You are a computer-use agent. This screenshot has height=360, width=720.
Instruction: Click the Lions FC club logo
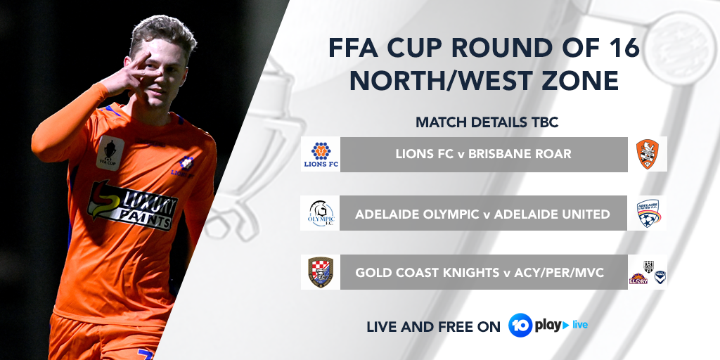pos(320,154)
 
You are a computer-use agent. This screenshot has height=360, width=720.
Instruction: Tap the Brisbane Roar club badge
pos(647,154)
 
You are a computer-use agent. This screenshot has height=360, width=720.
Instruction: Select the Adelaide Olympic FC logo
pos(320,213)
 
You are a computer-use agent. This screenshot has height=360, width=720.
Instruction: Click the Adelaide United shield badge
pos(647,213)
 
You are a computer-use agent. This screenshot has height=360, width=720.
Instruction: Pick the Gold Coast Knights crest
pos(320,272)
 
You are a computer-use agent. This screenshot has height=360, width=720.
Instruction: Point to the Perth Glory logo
pos(638,278)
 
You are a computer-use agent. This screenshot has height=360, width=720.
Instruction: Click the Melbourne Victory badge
pos(660,276)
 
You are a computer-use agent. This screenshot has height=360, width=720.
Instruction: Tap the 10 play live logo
pos(548,325)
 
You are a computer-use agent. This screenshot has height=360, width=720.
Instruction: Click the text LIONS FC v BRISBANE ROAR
pos(483,154)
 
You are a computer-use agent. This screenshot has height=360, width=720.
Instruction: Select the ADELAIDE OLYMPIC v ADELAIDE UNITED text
pos(483,214)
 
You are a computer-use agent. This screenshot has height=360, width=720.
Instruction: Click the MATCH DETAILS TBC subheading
pos(487,122)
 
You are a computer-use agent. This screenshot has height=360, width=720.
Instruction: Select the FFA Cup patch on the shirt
pos(110,152)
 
